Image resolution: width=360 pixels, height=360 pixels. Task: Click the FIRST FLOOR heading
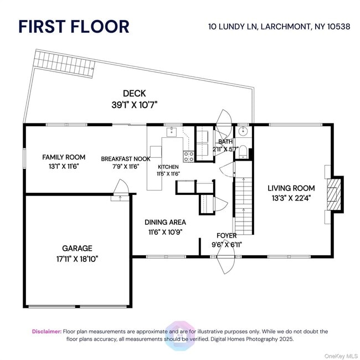click(74, 26)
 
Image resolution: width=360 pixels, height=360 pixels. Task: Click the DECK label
click(135, 94)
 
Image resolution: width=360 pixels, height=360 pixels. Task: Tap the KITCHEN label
click(168, 166)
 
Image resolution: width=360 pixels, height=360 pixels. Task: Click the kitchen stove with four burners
click(189, 156)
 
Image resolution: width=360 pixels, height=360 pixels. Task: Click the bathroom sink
click(243, 132)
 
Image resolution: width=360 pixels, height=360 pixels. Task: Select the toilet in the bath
click(243, 150)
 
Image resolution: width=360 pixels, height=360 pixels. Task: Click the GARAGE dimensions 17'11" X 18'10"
click(77, 258)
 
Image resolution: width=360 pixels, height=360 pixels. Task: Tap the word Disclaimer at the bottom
click(46, 331)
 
